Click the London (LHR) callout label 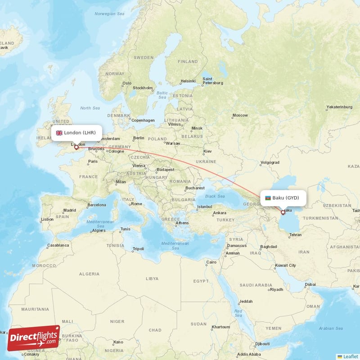76,133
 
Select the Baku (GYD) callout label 283,198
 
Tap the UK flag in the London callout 59,133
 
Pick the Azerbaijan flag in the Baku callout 268,198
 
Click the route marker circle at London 76,147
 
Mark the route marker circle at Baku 283,212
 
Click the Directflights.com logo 33,338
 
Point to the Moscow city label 240,115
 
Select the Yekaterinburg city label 339,107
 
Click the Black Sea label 215,196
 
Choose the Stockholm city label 143,88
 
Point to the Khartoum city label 221,327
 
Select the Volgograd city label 270,162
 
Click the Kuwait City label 286,265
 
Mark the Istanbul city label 204,207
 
